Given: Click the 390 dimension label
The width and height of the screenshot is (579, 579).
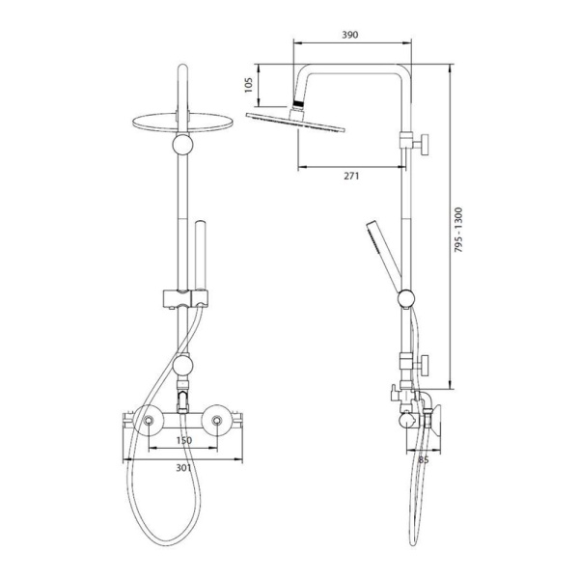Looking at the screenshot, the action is [349, 35].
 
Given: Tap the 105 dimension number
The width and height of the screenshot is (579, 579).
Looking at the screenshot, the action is [249, 85].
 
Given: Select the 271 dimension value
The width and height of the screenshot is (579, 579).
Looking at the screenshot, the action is [351, 177].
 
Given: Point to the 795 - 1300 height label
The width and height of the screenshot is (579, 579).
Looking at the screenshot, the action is [457, 230].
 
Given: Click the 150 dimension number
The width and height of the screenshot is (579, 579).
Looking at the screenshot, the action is [184, 441].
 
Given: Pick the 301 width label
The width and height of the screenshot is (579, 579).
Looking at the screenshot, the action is [183, 468].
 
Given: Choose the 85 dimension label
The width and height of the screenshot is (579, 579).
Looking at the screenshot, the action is [424, 460].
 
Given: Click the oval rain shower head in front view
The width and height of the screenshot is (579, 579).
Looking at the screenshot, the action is [182, 123].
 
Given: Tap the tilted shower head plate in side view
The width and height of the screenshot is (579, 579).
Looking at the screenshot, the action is [295, 123].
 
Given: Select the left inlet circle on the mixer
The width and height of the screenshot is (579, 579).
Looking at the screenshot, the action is [149, 420].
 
